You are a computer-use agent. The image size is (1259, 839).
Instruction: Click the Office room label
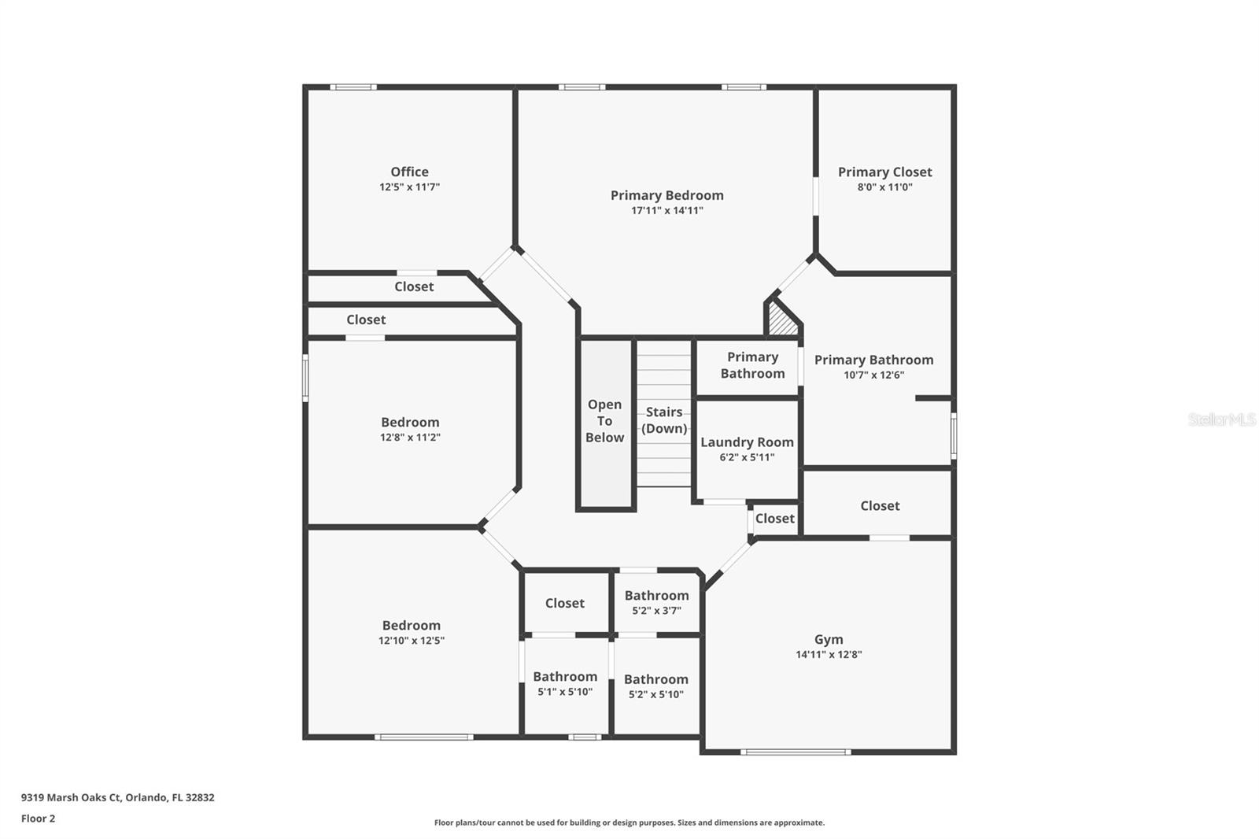point(409,172)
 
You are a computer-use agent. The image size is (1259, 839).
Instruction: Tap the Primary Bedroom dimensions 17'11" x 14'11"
point(666,210)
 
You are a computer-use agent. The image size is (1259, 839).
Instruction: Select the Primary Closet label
point(884,172)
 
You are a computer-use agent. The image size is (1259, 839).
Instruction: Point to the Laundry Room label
point(747,442)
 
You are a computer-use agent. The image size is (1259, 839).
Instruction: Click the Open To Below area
point(604,421)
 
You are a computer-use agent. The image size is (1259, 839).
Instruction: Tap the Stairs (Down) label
point(664,420)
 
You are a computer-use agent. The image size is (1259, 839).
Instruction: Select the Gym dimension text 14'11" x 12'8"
point(828,654)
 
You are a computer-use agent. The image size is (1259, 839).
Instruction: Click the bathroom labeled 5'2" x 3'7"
point(656,602)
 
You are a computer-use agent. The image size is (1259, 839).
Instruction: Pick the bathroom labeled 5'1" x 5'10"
point(565,683)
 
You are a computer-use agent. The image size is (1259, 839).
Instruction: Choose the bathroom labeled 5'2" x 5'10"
point(655,686)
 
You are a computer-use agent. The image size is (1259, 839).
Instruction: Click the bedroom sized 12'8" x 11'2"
point(410,429)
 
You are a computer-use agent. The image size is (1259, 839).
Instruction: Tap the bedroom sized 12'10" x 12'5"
point(411,632)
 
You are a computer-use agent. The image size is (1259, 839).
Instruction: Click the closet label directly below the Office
point(414,286)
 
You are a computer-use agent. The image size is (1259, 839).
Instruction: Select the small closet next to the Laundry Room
point(774,518)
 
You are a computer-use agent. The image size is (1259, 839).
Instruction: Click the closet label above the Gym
point(879,505)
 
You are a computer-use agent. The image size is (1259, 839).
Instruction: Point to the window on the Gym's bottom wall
point(795,752)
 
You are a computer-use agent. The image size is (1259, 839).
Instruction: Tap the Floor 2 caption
point(38,818)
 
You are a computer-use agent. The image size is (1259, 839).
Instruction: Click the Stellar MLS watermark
point(1221,419)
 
